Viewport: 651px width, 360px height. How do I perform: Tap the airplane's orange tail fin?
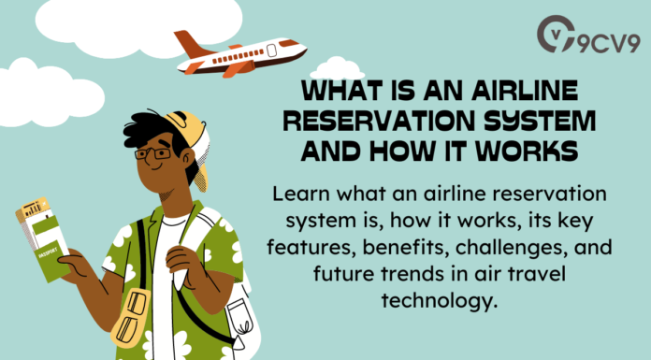coord(188,43)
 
